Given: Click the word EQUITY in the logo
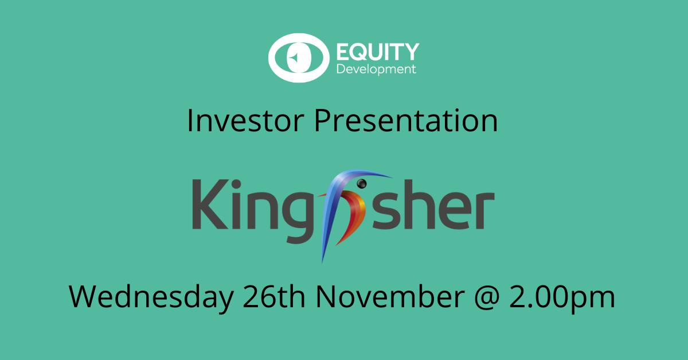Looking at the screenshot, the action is pyautogui.click(x=378, y=52).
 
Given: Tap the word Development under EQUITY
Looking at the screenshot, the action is pyautogui.click(x=376, y=69).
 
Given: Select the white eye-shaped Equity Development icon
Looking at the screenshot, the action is pyautogui.click(x=299, y=58).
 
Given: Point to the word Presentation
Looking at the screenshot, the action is pyautogui.click(x=406, y=120).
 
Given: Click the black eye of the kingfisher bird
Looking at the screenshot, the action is pyautogui.click(x=362, y=183).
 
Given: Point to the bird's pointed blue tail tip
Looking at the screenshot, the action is pyautogui.click(x=322, y=261).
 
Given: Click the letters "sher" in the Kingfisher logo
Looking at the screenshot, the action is pyautogui.click(x=433, y=205).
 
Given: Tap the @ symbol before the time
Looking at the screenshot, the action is pyautogui.click(x=487, y=298).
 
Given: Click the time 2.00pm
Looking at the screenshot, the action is pyautogui.click(x=562, y=297).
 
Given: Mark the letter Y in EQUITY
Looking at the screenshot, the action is pyautogui.click(x=411, y=52).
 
